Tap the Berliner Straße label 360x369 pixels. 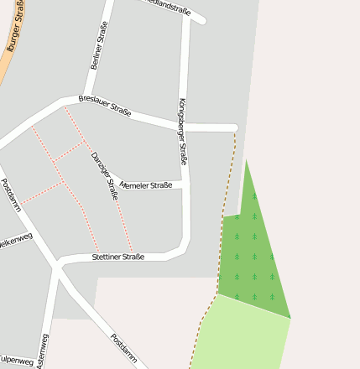click(98, 45)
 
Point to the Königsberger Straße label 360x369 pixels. click(183, 131)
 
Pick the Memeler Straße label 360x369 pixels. click(146, 184)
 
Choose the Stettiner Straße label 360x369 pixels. click(118, 257)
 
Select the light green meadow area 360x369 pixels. click(239, 335)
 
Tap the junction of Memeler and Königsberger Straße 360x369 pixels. click(185, 184)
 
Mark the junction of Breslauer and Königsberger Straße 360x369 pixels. click(183, 127)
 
